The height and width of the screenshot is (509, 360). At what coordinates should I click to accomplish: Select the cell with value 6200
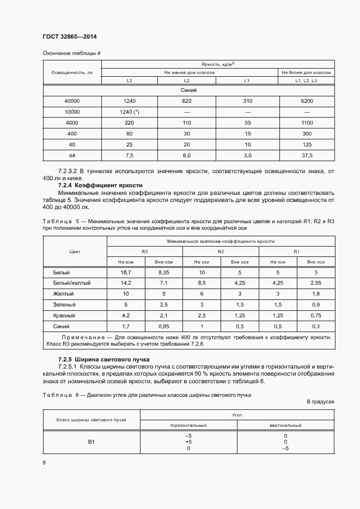pos(307,101)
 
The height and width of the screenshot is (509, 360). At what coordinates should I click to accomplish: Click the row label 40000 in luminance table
pos(72,101)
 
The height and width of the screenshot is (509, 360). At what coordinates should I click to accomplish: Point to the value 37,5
pos(307,156)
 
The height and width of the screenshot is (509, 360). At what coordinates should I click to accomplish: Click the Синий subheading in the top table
pos(188,90)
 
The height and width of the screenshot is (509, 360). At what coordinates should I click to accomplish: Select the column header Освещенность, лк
pos(72,72)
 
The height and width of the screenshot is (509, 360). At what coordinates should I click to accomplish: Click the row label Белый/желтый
pos(72,283)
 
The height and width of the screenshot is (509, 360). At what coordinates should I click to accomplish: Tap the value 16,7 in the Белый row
pos(126,272)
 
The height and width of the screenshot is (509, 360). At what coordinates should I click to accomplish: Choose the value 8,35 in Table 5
pos(163,272)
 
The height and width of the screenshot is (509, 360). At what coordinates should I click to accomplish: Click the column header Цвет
pos(75,252)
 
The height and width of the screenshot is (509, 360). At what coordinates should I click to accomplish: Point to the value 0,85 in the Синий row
pos(163,327)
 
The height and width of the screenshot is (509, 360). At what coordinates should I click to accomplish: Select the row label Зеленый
pos(64,305)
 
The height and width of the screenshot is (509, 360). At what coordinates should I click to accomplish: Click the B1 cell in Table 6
pos(91,441)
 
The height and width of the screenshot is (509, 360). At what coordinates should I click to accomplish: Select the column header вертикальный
pos(285,425)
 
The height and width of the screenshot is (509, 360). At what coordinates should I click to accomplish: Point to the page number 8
pos(44,463)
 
